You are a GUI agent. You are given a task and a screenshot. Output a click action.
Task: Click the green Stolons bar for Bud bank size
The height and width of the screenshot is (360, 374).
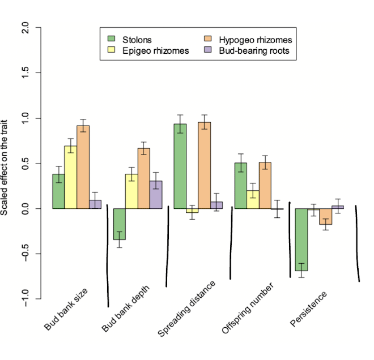point(58,191)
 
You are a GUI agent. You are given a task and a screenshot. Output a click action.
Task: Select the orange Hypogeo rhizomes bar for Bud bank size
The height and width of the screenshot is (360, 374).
point(83,167)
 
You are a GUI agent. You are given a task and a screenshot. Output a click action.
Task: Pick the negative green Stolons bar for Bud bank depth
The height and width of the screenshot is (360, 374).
point(119,224)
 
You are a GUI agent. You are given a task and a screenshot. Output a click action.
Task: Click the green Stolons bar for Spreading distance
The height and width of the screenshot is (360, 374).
point(180,166)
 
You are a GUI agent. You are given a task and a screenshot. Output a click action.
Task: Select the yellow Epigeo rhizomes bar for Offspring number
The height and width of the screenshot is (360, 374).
point(253,199)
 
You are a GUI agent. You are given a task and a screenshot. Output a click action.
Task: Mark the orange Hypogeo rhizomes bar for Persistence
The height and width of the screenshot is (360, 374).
point(325,216)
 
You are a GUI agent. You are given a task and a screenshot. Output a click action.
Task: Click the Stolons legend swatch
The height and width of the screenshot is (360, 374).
point(112,40)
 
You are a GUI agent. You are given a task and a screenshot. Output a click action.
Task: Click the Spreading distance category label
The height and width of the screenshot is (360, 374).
point(186,308)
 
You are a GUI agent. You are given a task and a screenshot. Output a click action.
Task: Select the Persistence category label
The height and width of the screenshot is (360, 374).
point(308,308)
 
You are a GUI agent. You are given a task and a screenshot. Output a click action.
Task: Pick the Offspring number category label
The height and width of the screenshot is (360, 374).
point(248,308)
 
